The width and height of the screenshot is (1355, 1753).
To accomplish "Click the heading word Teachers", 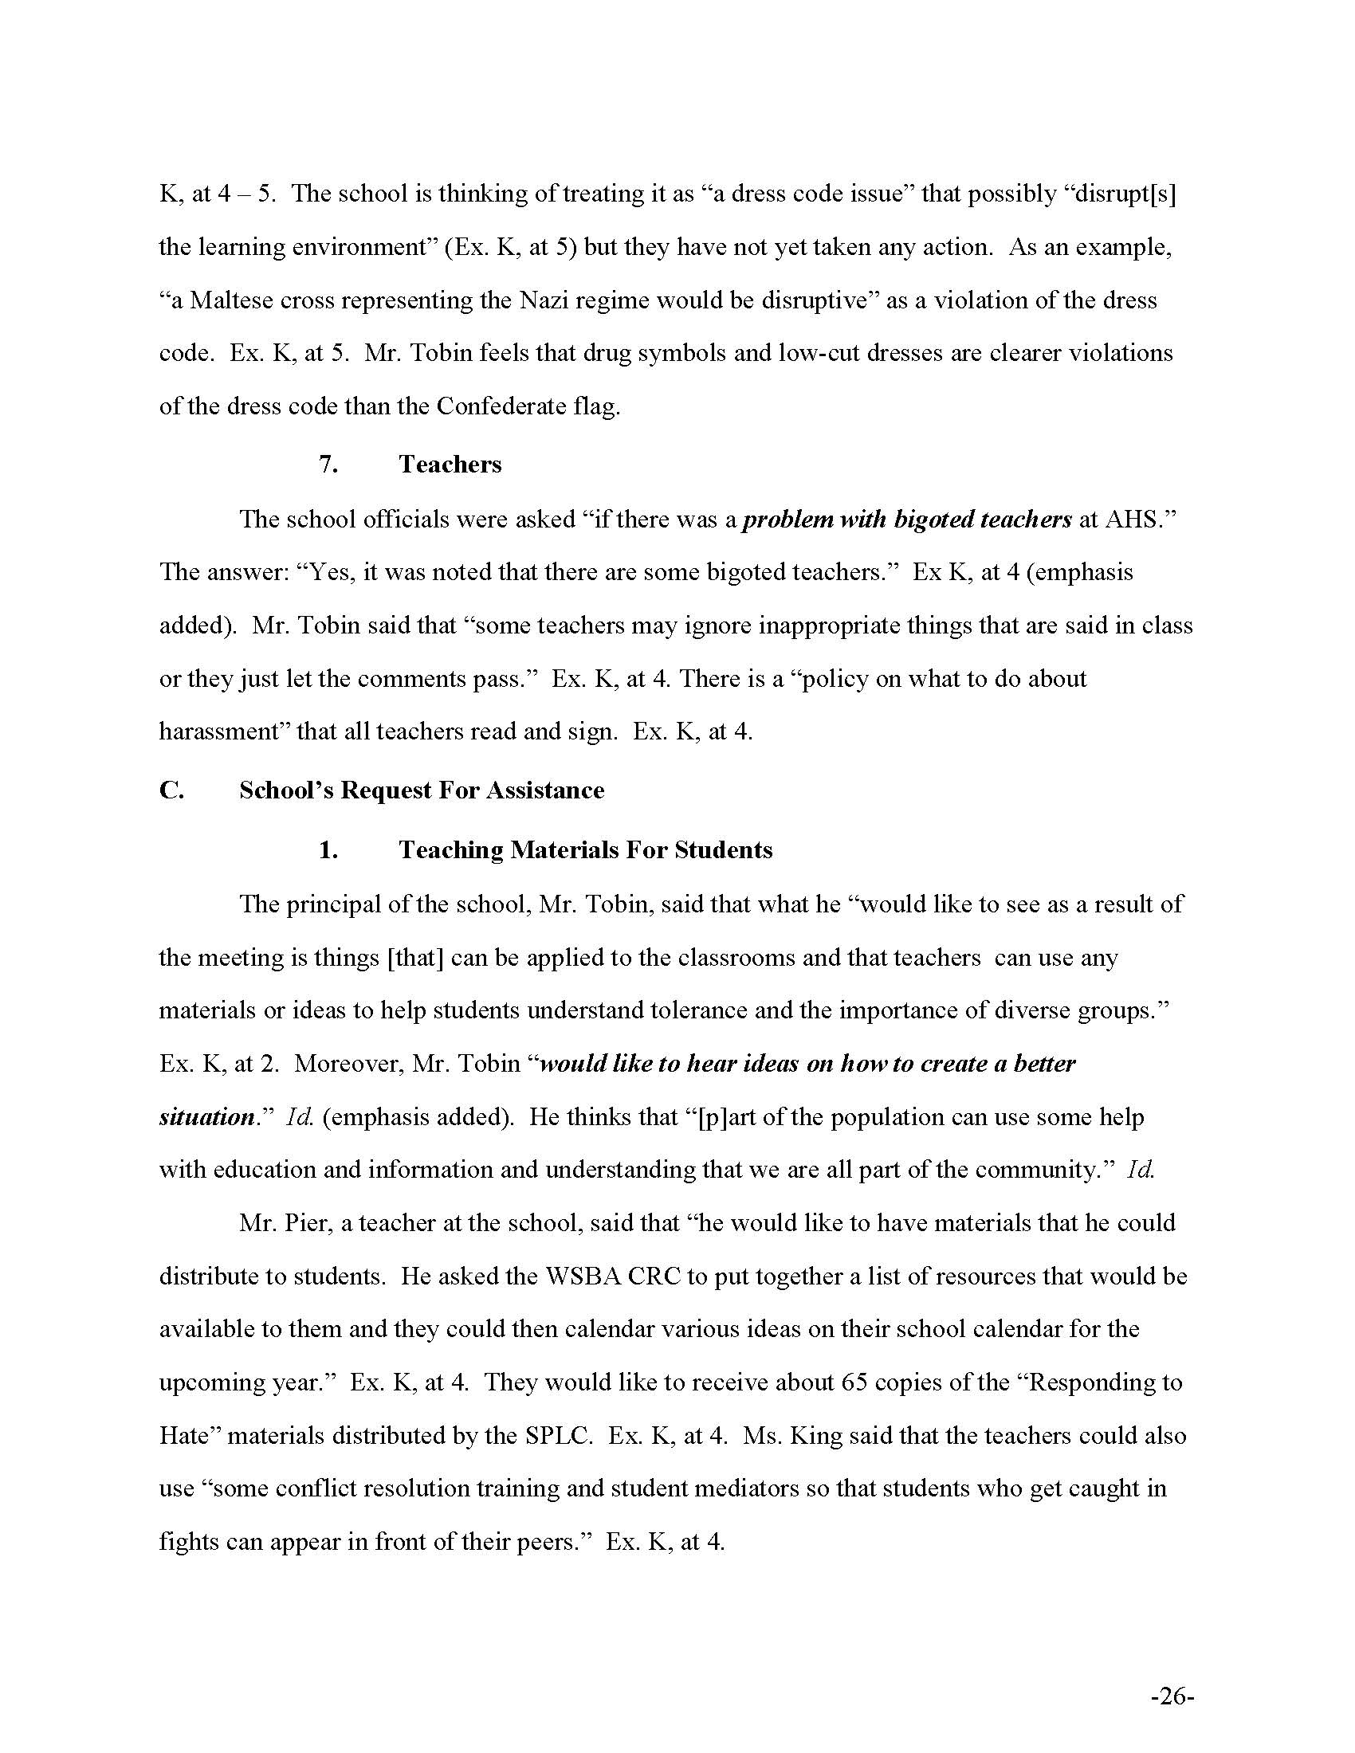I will (x=450, y=464).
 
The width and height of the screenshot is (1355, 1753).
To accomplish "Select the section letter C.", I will (x=171, y=790).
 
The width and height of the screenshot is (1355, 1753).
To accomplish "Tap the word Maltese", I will (x=227, y=300).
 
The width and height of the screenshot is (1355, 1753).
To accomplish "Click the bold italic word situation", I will (x=206, y=1117).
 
